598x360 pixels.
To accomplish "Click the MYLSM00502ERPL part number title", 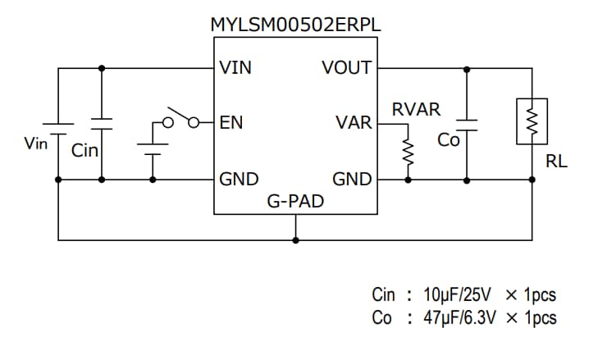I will pyautogui.click(x=295, y=25).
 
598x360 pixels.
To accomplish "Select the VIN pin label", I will pyautogui.click(x=235, y=68).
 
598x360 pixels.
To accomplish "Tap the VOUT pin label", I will pyautogui.click(x=347, y=68).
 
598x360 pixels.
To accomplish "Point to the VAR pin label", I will pyautogui.click(x=354, y=123).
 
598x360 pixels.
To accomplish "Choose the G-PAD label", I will pyautogui.click(x=295, y=200).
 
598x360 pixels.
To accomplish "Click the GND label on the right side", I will pyautogui.click(x=352, y=179).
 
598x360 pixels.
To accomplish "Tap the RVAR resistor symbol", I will pyautogui.click(x=405, y=152).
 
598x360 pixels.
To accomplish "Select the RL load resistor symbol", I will pyautogui.click(x=531, y=122).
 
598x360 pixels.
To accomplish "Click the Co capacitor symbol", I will pyautogui.click(x=467, y=122).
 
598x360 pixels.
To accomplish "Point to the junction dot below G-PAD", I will pyautogui.click(x=295, y=240).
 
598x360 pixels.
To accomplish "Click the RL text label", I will pyautogui.click(x=556, y=162).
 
